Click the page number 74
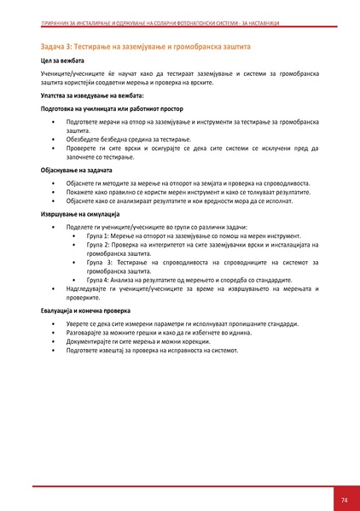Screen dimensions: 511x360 [344, 499]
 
